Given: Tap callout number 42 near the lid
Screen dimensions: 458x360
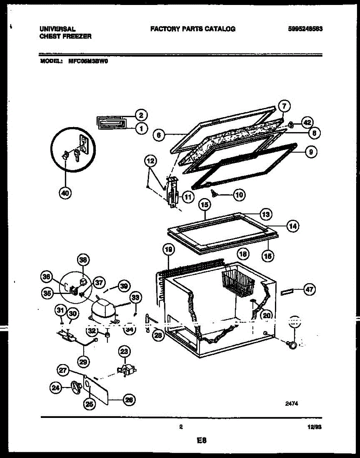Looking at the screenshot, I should (307, 123).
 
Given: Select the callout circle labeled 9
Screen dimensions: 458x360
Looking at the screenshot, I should (311, 152).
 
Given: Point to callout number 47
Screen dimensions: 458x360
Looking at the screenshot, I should (309, 290).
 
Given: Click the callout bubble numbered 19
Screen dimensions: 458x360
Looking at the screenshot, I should (168, 250).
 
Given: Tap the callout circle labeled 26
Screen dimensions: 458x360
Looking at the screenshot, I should (129, 400).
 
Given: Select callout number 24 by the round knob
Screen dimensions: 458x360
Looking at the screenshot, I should (56, 388).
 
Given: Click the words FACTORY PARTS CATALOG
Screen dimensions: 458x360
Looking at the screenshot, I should (193, 29).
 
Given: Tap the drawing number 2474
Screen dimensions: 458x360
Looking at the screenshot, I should (292, 402).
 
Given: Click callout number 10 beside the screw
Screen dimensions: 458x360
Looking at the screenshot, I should (239, 195).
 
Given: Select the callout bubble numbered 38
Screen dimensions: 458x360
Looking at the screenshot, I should (83, 260).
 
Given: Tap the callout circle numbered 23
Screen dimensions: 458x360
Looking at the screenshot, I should (124, 351).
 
